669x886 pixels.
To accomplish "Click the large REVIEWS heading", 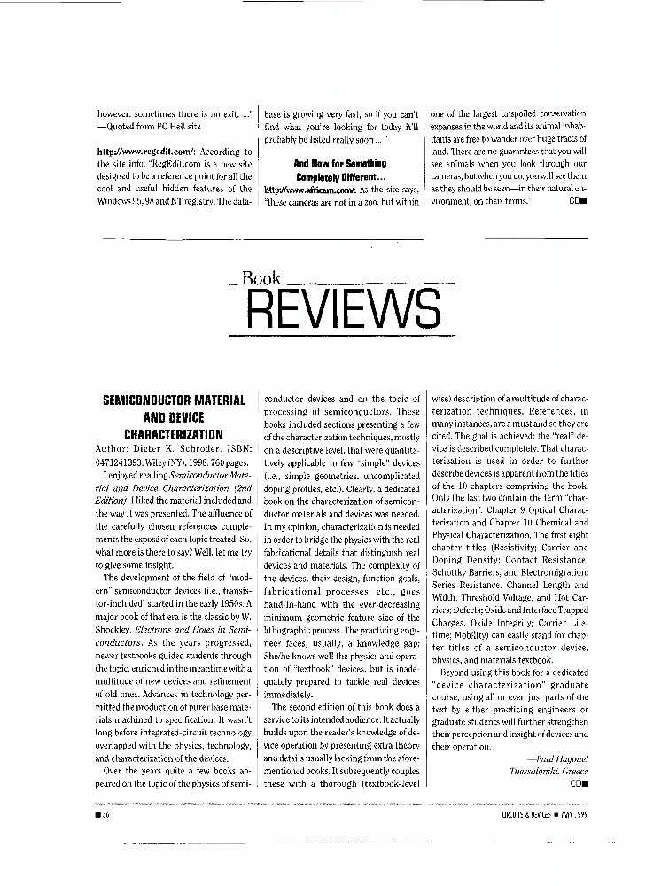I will pos(342,309).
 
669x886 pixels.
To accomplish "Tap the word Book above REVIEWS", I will pos(261,279).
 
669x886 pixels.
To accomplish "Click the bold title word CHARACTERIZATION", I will pos(173,435).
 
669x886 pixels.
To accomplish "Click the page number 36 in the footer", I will pos(105,813).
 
